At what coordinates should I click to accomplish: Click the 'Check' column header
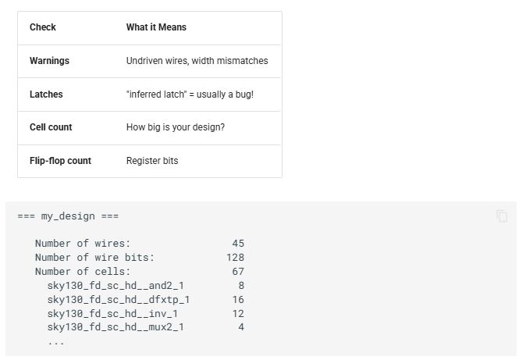43,27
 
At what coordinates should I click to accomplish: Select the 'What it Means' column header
156,27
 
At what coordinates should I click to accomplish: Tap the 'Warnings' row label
49,61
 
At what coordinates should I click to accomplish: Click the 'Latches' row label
46,94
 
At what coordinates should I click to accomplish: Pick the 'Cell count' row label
51,127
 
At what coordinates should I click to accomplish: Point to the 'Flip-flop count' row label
60,161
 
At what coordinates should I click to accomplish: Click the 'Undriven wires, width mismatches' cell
197,61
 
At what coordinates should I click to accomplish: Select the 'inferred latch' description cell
190,94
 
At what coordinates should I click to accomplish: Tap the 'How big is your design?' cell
176,127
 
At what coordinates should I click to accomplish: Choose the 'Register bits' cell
152,161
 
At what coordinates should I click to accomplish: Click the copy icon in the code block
502,216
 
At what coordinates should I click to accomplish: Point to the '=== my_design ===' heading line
68,216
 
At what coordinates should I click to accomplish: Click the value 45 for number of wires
238,244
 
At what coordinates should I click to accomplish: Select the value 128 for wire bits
235,258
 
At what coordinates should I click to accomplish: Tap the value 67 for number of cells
238,272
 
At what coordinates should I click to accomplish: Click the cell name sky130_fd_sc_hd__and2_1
116,286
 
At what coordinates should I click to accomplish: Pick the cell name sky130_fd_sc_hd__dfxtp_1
119,300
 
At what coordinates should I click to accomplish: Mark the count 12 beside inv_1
238,314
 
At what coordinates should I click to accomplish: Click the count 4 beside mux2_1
241,327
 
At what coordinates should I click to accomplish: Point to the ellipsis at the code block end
56,343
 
